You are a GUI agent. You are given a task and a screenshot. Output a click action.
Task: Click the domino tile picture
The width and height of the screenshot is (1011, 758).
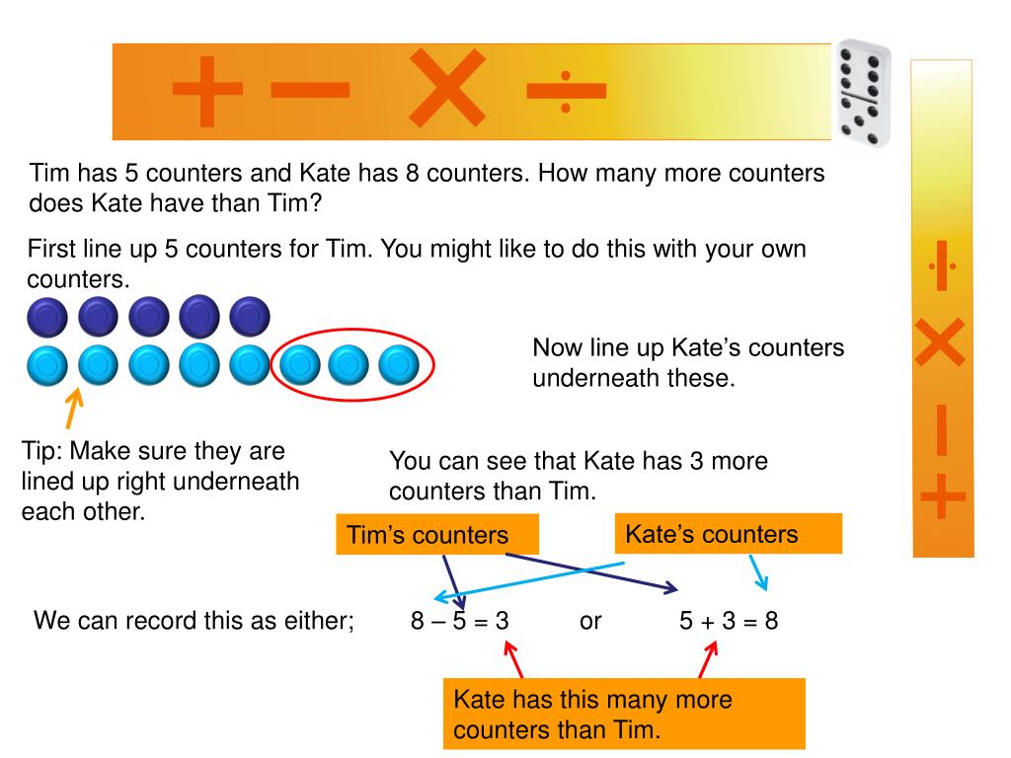862,92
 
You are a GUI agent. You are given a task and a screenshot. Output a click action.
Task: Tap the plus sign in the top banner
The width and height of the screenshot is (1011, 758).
207,90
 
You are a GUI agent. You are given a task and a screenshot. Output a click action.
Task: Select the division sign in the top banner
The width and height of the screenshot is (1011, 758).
566,91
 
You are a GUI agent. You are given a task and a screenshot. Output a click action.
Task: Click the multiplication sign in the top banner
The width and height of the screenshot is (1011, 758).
447,90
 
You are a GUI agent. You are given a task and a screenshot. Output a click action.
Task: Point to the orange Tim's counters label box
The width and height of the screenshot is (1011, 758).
437,535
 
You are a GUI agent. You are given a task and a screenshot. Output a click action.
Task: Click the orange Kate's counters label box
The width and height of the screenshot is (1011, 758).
729,534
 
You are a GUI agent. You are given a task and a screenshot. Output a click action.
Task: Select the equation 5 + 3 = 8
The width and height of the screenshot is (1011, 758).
729,622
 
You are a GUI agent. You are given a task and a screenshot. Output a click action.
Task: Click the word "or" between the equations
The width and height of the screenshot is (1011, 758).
590,622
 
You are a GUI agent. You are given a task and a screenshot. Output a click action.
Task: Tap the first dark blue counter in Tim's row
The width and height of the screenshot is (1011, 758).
46,318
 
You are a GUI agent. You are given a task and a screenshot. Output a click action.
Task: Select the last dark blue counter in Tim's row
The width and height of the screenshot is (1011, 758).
249,318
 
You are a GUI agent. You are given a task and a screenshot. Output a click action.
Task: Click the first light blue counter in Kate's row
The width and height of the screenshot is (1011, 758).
46,365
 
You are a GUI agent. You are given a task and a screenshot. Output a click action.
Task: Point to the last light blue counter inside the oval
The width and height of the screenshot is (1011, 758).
399,365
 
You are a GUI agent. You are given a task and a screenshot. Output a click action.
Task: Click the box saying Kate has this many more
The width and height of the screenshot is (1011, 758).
624,715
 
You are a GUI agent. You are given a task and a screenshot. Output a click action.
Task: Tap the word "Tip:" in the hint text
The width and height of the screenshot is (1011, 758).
42,452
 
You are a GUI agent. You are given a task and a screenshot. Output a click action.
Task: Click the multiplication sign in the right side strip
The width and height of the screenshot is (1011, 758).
941,345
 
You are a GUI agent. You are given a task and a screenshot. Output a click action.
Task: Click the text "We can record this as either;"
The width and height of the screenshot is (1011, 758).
194,622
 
